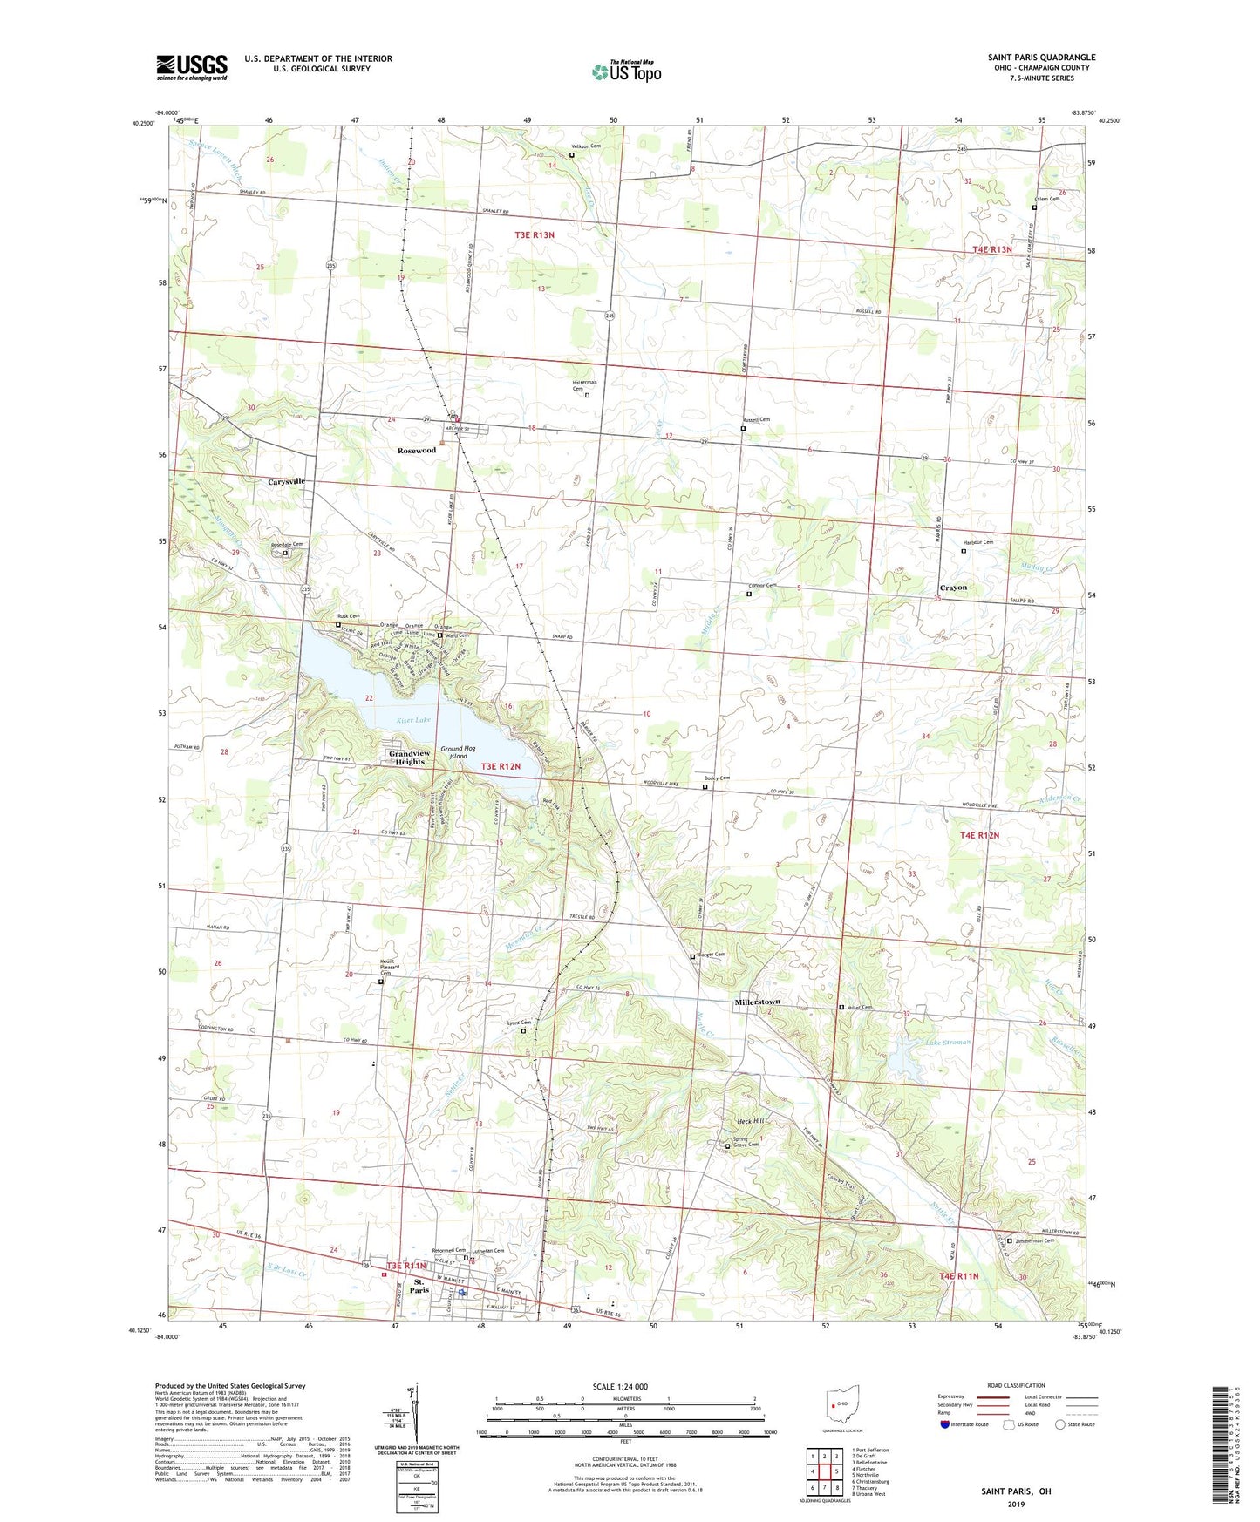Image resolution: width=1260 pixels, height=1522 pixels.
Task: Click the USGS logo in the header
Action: [x=192, y=67]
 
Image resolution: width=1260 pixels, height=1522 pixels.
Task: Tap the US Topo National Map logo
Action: [x=626, y=71]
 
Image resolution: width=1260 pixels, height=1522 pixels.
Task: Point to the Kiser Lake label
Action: [x=413, y=720]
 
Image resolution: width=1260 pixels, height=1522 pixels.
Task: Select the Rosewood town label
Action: [x=416, y=451]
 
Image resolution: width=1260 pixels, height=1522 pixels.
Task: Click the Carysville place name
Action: [x=286, y=481]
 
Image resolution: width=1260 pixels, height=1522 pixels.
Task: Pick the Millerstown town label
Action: [x=757, y=1002]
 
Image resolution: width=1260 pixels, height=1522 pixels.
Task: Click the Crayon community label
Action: [x=953, y=588]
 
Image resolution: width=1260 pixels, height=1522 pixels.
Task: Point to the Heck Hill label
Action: [x=750, y=1121]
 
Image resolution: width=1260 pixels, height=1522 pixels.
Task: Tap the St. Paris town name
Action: [x=419, y=1286]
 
